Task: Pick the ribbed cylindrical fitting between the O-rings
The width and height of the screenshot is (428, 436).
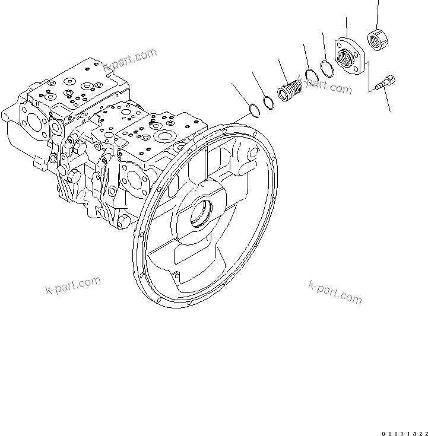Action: [x=289, y=93]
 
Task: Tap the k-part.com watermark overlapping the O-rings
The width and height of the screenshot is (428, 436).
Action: [x=326, y=85]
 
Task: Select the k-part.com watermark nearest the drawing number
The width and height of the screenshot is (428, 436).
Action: [x=335, y=291]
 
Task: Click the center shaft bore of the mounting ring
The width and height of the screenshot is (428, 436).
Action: [x=200, y=215]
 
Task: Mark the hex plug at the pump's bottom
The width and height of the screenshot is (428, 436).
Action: [x=123, y=221]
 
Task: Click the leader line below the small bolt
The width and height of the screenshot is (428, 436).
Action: [x=386, y=100]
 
